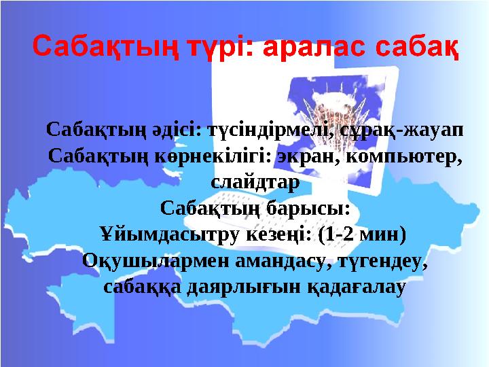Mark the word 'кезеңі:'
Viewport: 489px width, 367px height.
(279, 235)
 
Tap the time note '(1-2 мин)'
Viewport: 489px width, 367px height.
(362, 235)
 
